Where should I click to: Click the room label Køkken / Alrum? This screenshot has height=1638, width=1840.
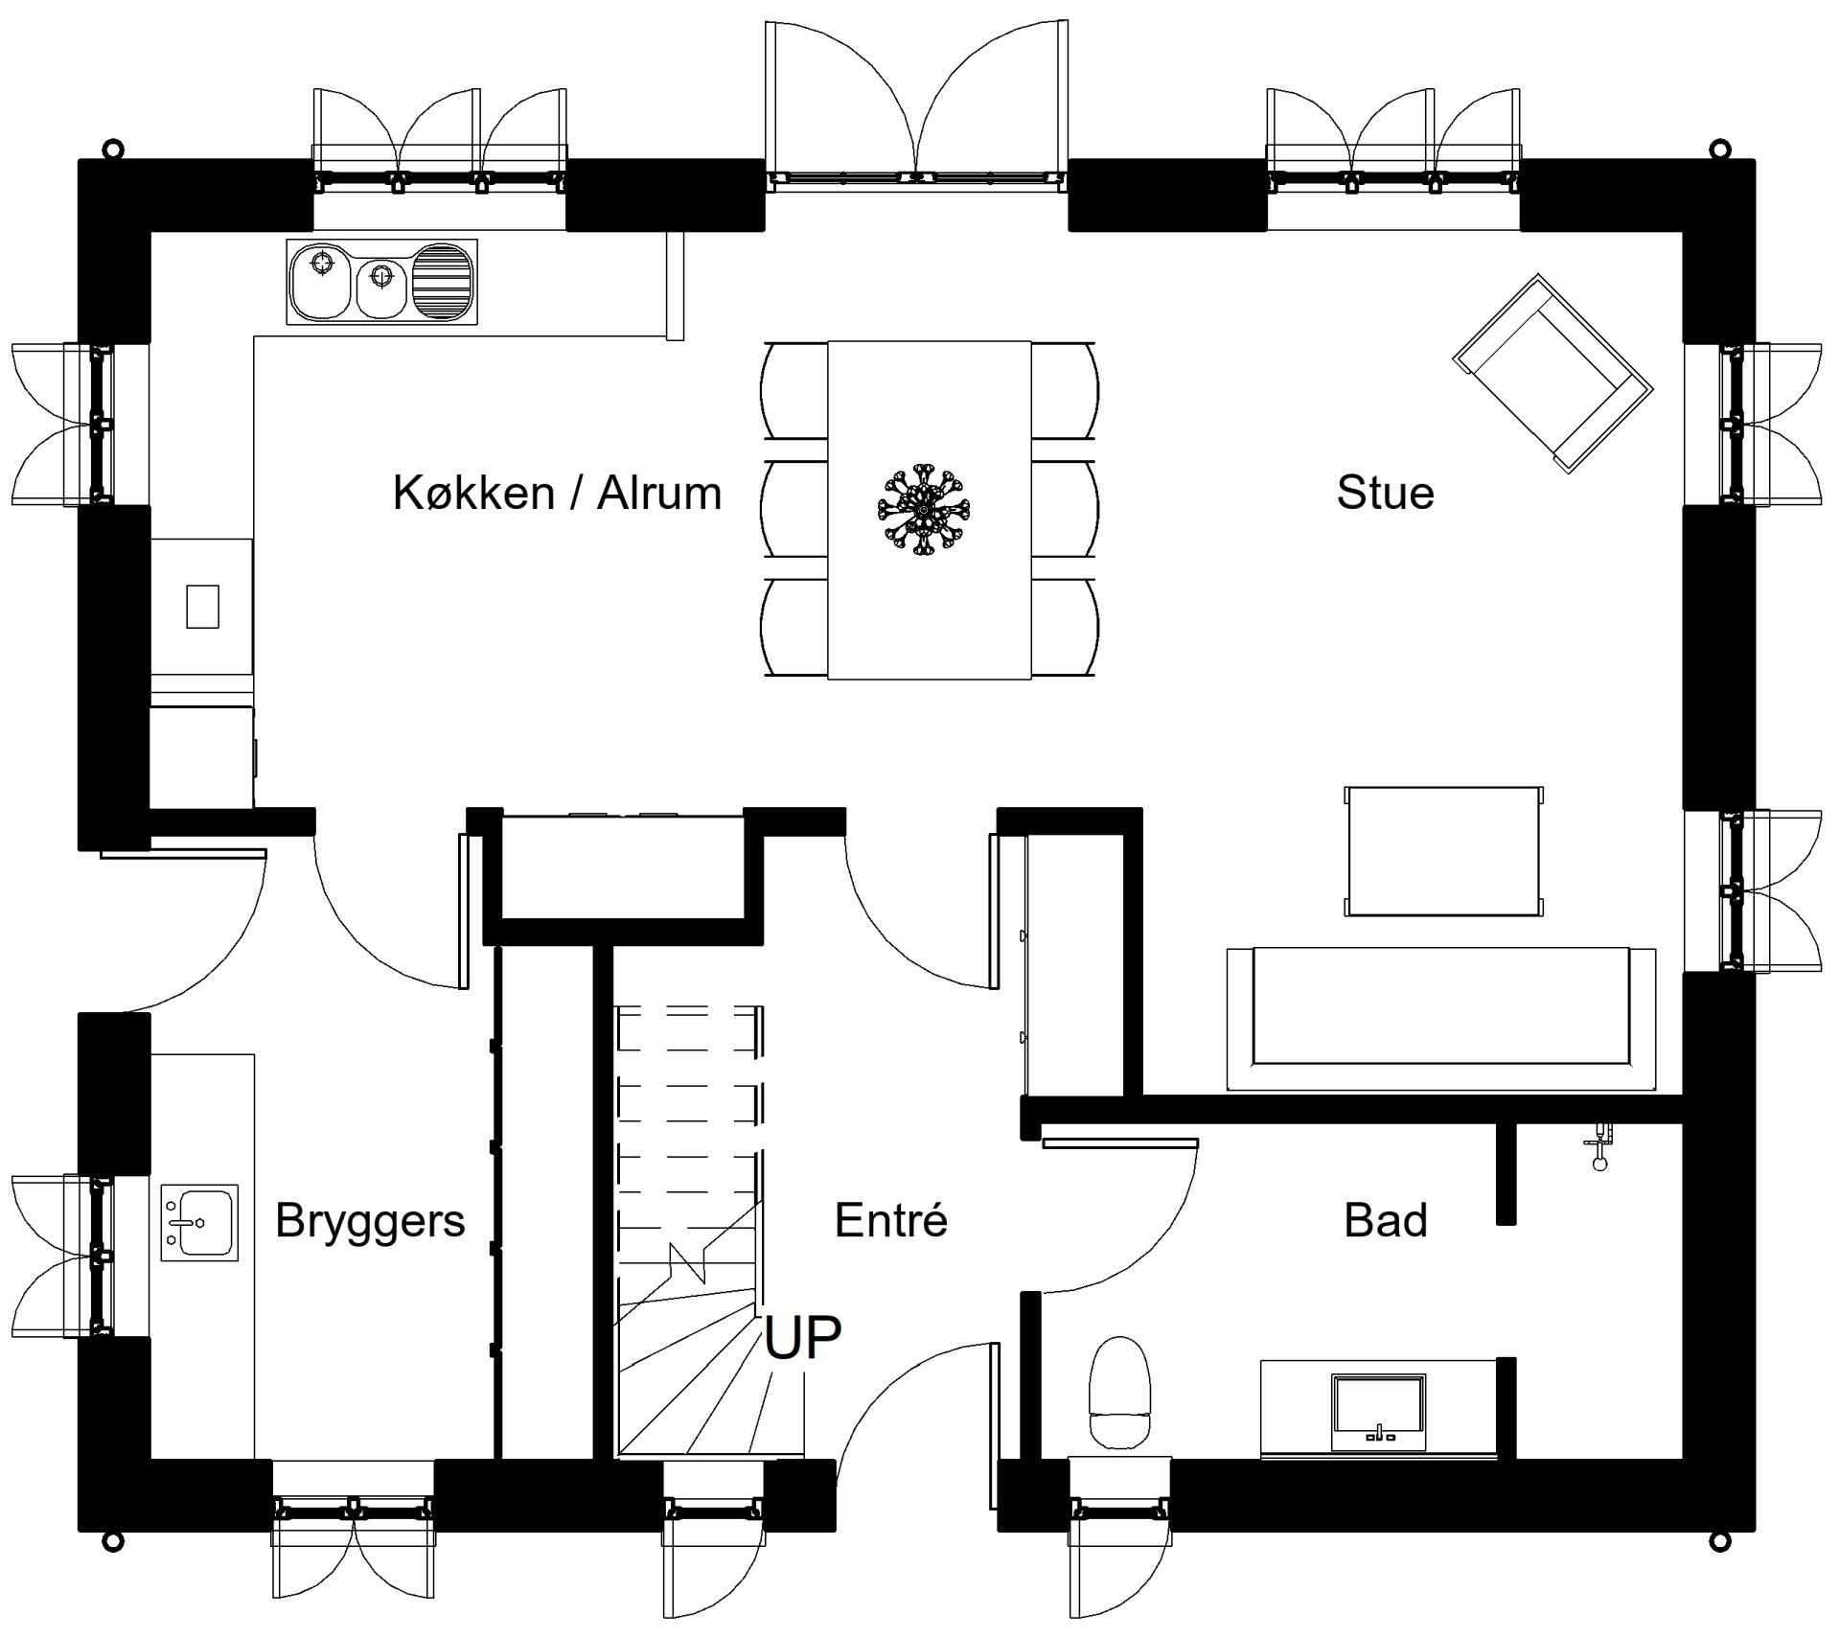[557, 494]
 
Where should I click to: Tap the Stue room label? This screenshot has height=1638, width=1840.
[1385, 494]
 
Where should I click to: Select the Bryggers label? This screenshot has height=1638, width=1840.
[370, 1221]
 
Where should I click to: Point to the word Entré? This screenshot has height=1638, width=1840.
[890, 1221]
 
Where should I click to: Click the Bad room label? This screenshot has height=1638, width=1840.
[1385, 1221]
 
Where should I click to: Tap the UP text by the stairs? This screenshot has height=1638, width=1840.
[802, 1338]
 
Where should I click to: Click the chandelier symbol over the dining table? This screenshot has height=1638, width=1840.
[923, 510]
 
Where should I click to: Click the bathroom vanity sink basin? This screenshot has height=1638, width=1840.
[1379, 1412]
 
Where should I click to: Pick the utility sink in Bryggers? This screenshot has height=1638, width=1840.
[198, 1222]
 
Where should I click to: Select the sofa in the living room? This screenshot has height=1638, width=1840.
[1440, 1018]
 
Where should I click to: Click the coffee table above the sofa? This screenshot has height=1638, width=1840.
[1443, 851]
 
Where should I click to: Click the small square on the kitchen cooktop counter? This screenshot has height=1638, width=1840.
[202, 607]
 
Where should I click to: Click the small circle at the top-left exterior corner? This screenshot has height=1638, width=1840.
[113, 149]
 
